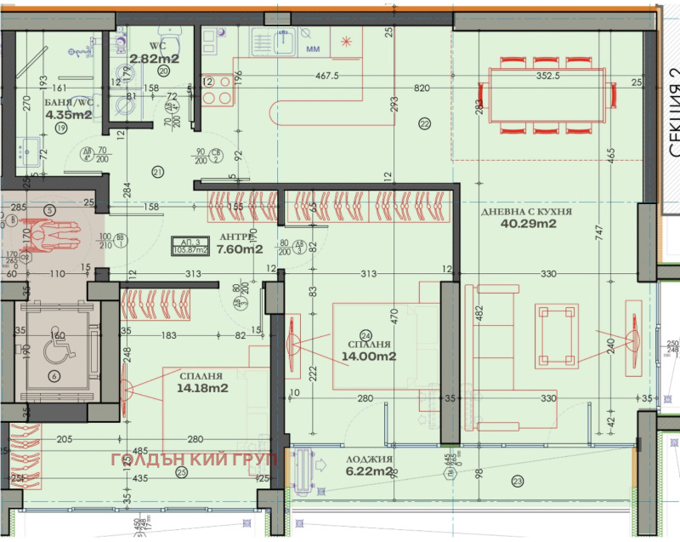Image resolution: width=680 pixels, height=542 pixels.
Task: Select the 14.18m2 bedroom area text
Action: (x=201, y=389)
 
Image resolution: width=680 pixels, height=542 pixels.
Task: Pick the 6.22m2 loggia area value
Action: (x=368, y=471)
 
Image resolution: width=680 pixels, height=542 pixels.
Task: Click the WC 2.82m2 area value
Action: (x=154, y=59)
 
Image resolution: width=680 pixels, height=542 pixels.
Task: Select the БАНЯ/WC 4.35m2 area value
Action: (x=68, y=115)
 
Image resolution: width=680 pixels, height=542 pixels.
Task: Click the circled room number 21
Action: (x=157, y=173)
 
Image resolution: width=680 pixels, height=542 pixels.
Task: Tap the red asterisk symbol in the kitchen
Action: (x=345, y=40)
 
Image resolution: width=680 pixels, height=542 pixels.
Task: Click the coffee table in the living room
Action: (x=553, y=334)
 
